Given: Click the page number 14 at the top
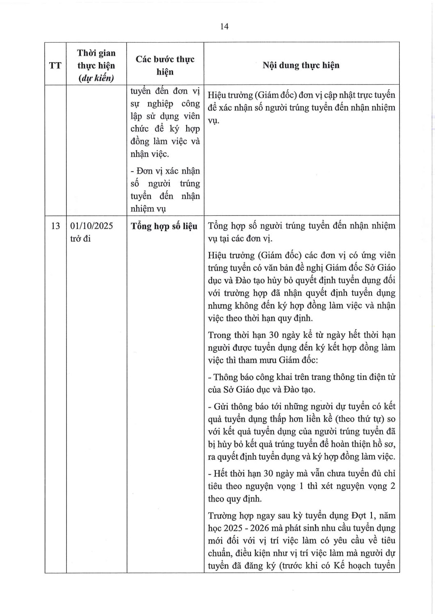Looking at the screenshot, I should pyautogui.click(x=224, y=27).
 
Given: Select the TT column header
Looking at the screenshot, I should pyautogui.click(x=55, y=65).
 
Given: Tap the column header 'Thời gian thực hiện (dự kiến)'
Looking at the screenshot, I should pyautogui.click(x=96, y=65).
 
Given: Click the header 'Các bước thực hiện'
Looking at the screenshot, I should pyautogui.click(x=165, y=65).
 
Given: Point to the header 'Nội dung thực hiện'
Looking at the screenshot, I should pyautogui.click(x=301, y=65).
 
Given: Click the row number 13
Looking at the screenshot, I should pyautogui.click(x=55, y=226).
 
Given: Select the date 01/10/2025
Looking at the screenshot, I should pyautogui.click(x=92, y=226).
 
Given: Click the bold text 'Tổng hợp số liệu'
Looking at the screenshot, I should pyautogui.click(x=164, y=226).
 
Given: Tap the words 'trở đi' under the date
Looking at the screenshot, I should pyautogui.click(x=80, y=239).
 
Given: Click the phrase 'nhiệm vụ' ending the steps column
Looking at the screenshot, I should pyautogui.click(x=148, y=209).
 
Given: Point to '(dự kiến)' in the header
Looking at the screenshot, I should pyautogui.click(x=96, y=78).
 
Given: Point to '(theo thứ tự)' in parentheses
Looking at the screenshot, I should pyautogui.click(x=360, y=419).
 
